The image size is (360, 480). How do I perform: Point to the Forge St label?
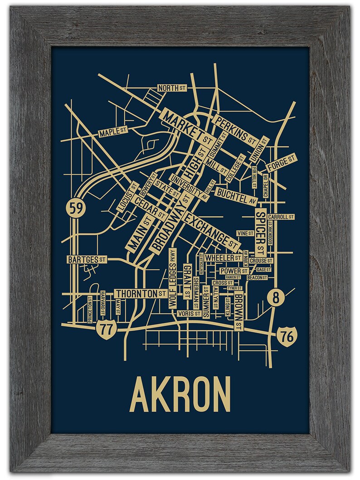click(x=281, y=162)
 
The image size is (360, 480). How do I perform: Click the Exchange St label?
click(x=213, y=228)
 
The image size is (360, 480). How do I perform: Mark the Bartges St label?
click(x=86, y=260)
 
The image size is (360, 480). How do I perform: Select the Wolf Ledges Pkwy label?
click(x=172, y=278)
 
